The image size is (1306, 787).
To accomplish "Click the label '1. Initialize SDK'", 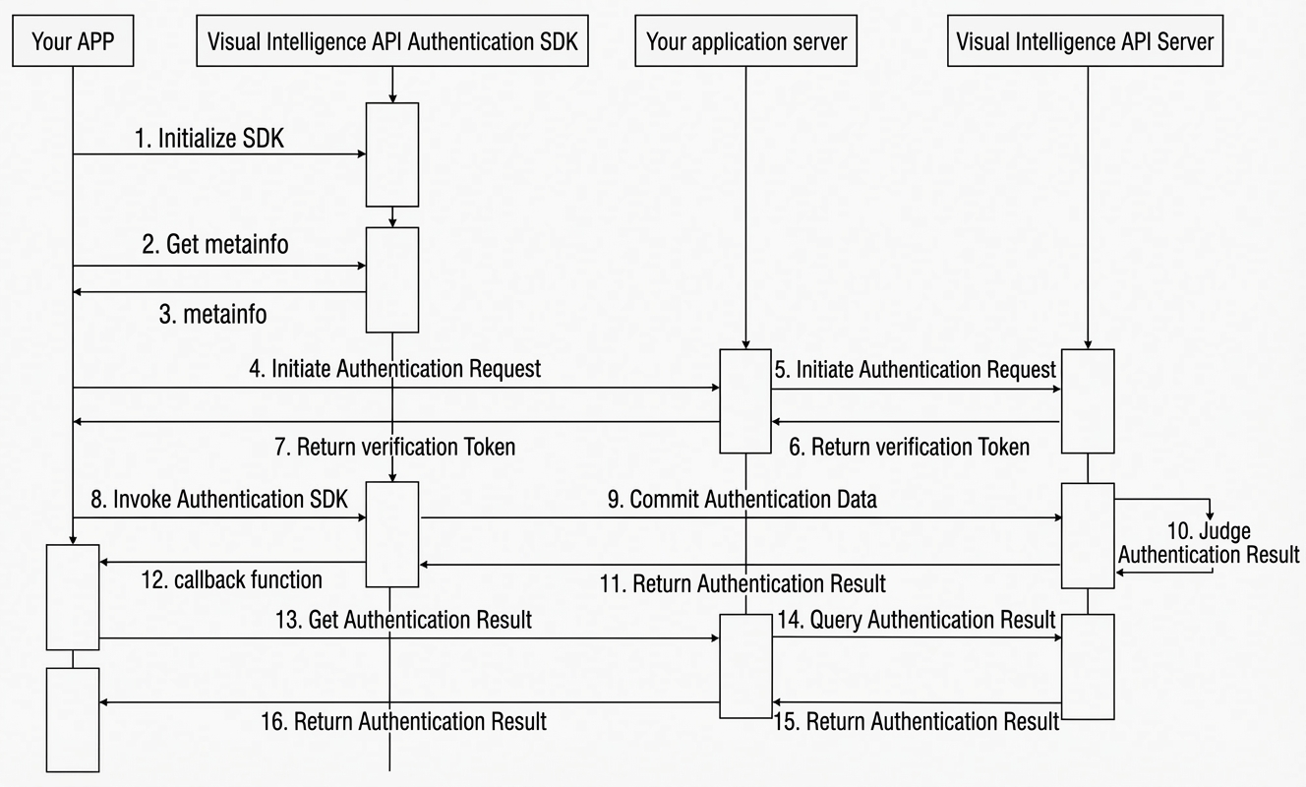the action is [209, 139].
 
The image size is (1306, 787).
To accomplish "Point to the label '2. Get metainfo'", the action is [215, 244].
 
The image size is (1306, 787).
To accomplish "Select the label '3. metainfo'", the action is [212, 315].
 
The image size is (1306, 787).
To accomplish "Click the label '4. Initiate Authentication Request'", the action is [394, 369].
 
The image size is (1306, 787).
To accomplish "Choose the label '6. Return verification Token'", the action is [909, 447].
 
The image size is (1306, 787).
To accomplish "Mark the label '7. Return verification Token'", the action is [394, 447].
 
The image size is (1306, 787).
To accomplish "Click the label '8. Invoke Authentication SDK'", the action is [219, 500].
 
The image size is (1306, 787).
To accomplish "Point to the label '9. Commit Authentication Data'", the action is [742, 500].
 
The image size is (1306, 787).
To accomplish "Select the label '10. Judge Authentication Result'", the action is [1209, 543].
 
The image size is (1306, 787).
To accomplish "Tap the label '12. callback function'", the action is [231, 579].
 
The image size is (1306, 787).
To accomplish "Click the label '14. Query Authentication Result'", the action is [917, 620].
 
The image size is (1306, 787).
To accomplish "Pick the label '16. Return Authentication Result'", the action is [403, 722].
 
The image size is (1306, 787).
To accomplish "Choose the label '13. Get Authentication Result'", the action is [403, 620].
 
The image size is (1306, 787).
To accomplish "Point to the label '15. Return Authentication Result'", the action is [916, 722].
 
